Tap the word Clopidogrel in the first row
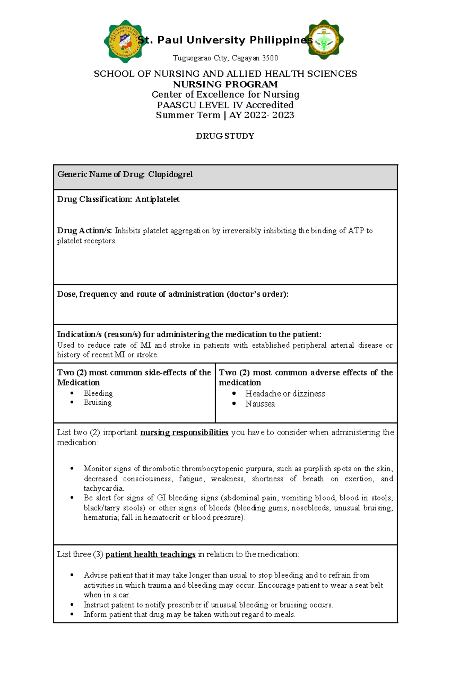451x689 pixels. coord(170,175)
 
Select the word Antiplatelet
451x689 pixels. coord(157,199)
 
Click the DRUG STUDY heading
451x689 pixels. coord(225,136)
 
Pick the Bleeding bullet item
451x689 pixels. coord(98,393)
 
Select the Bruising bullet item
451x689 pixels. coord(98,403)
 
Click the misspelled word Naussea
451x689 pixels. coord(260,404)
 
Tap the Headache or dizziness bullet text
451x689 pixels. coord(285,394)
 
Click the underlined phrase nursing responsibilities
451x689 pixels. coord(184,433)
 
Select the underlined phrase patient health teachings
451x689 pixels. coord(150,555)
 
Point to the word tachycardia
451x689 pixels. coord(103,488)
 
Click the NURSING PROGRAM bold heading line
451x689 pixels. coord(225,84)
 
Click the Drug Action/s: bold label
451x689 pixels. coord(85,231)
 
